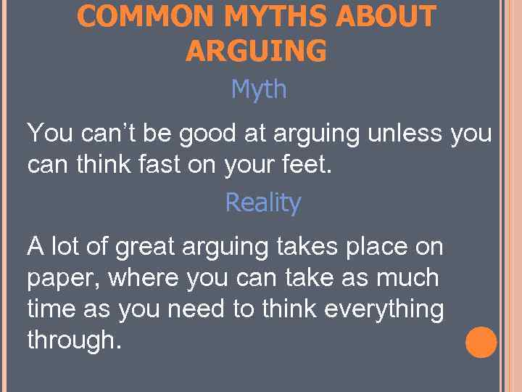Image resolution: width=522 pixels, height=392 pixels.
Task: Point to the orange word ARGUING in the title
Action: click(x=256, y=51)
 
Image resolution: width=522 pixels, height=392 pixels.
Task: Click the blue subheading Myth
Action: click(x=259, y=89)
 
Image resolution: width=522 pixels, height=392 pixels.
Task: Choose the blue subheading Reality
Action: click(x=262, y=203)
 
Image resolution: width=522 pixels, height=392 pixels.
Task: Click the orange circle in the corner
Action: click(x=481, y=343)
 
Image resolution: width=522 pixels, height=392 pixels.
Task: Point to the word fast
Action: click(x=158, y=165)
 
